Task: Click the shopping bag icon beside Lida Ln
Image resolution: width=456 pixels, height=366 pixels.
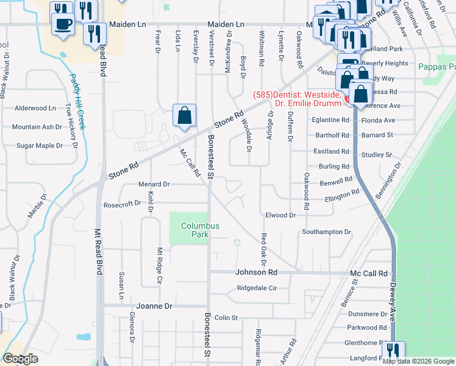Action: click(x=184, y=115)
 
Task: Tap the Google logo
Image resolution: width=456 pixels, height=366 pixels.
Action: click(x=20, y=359)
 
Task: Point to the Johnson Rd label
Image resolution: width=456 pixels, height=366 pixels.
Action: click(x=257, y=273)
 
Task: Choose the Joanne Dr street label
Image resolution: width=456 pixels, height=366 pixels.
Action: click(x=155, y=306)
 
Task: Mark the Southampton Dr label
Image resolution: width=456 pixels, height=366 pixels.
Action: click(x=327, y=232)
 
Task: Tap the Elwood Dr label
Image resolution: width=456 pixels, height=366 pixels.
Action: click(x=280, y=215)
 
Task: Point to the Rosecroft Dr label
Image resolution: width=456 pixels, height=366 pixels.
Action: click(x=126, y=205)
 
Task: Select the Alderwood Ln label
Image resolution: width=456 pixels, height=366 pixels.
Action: click(x=35, y=108)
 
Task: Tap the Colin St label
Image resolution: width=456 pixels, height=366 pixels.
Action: click(x=225, y=318)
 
